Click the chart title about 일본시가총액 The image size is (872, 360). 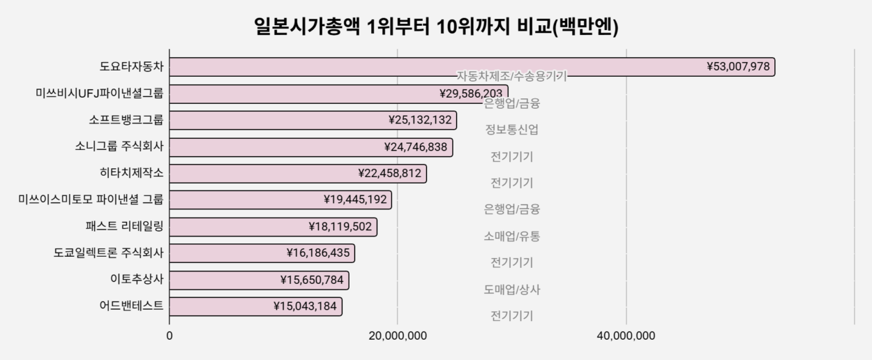436,27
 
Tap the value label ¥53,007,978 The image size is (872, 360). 737,67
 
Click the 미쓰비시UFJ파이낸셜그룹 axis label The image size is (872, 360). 99,93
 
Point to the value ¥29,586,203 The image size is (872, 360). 471,93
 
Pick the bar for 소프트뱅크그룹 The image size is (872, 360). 279,120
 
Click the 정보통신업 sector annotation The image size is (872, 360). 511,130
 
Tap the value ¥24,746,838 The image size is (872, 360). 416,147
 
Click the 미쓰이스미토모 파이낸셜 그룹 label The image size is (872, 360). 91,200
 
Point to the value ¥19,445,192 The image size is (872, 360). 355,200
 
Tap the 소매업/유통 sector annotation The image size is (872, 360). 511,236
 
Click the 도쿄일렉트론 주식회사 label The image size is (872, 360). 108,253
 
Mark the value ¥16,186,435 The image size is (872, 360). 318,253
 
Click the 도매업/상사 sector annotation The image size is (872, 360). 511,290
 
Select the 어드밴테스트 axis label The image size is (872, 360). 132,306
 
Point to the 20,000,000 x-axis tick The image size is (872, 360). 398,336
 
